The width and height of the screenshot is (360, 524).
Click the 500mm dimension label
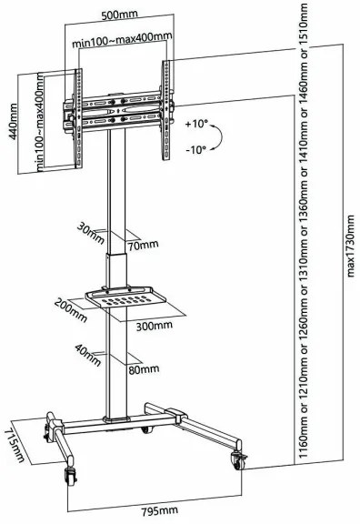point(120,15)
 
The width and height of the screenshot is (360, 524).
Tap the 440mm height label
point(13,122)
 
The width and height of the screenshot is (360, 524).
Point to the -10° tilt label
point(196,149)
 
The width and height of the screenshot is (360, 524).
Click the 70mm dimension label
point(143,246)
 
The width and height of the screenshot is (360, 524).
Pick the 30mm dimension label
point(91,233)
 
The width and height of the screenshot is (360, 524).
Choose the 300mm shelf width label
point(155,325)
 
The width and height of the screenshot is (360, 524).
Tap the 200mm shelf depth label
point(71,310)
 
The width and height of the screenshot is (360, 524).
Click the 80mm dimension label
point(144,369)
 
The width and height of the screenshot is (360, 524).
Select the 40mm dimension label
point(88,355)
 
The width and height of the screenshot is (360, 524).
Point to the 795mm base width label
point(159,510)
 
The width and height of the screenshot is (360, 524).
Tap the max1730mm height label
point(350,247)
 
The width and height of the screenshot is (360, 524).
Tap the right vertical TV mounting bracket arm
point(166,110)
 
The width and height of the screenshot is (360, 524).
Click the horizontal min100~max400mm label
point(122,40)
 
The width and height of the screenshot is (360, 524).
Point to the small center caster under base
point(146,429)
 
